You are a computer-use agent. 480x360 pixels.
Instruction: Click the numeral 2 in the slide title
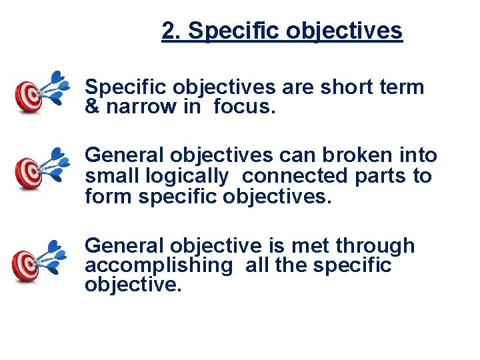click(169, 31)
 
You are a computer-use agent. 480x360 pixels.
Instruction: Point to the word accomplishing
click(157, 266)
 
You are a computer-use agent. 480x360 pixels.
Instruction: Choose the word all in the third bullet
click(257, 265)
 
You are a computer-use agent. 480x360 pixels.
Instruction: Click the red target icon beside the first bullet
click(29, 97)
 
